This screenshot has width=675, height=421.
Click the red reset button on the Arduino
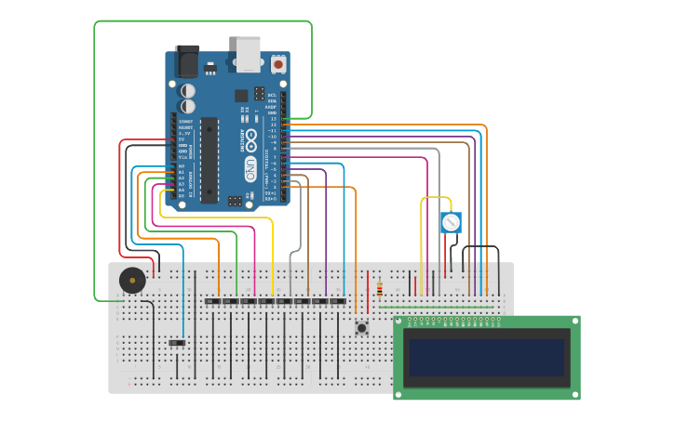coord(278,64)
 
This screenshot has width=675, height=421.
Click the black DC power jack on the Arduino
coord(187,61)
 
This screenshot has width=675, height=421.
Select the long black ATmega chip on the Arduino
coord(209,160)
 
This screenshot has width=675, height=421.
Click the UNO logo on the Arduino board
coord(250,168)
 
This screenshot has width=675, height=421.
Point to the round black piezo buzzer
coord(132,280)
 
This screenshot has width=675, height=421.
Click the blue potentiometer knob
coord(451,222)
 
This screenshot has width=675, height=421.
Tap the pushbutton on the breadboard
coord(361,327)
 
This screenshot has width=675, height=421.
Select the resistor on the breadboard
coord(380,290)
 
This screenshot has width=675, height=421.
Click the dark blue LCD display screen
coord(486,358)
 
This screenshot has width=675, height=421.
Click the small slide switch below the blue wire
coord(177,343)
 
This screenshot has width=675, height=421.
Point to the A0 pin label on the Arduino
coord(181,165)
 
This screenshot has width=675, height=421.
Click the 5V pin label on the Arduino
coord(182,138)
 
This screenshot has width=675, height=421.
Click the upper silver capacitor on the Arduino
coord(188,91)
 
